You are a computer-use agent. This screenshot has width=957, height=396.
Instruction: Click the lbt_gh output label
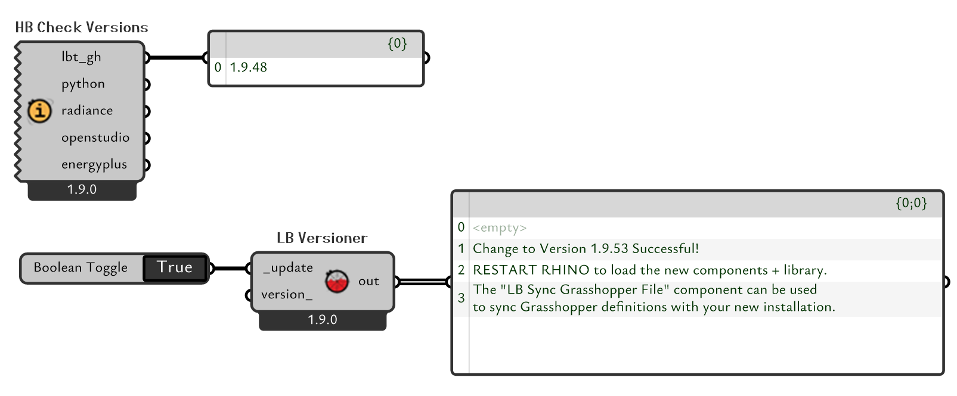81,57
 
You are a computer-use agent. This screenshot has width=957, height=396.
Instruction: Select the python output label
83,84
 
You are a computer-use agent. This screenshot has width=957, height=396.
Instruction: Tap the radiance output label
87,111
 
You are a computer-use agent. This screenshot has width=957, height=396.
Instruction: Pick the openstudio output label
95,138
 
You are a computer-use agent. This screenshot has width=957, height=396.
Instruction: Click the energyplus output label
94,164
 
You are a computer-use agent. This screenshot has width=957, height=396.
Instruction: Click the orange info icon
39,111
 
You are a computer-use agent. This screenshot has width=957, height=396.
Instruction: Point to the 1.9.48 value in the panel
249,67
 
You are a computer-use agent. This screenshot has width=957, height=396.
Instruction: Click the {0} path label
397,43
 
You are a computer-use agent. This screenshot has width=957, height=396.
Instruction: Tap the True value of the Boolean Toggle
175,267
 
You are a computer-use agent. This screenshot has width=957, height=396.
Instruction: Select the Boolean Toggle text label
80,267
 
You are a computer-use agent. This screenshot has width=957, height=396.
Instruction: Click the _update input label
289,268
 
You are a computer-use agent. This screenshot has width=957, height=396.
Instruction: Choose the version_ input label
287,295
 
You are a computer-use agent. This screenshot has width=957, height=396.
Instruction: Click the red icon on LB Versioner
337,281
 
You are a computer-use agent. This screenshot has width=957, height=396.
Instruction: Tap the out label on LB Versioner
368,281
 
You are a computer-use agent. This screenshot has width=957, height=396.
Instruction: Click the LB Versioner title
322,238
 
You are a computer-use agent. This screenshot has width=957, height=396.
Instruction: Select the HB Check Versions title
82,27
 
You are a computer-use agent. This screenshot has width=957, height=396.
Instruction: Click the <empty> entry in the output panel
500,227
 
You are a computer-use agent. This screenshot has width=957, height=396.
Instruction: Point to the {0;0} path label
911,203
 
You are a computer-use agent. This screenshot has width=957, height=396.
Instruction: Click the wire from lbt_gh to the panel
176,58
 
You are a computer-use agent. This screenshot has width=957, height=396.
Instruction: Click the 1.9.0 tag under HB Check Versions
82,189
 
